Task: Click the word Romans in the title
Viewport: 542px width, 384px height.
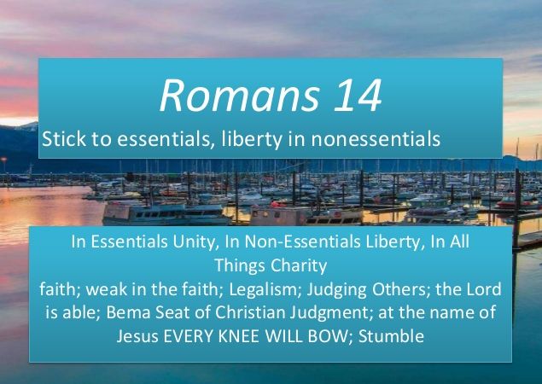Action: point(239,95)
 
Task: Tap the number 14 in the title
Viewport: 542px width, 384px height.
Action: point(358,95)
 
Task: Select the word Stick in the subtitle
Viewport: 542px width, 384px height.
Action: point(64,139)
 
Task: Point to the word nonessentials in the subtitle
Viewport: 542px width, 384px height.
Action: point(376,139)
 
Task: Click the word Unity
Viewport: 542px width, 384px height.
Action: point(195,241)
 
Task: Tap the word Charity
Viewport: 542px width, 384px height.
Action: point(299,265)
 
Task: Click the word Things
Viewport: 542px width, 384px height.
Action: point(240,265)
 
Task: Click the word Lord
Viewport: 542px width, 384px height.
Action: point(484,289)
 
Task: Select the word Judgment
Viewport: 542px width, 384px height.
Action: point(330,313)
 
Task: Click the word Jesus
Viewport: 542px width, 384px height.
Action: point(137,336)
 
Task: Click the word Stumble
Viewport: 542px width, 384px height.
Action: point(391,336)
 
